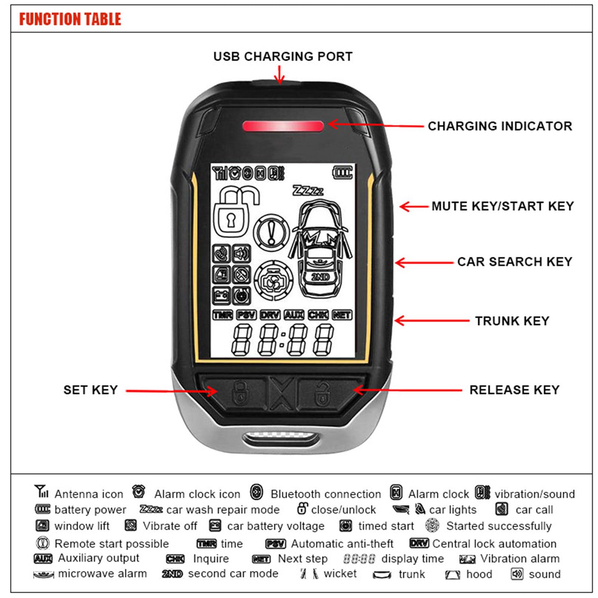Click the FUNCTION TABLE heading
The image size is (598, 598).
[x=70, y=19]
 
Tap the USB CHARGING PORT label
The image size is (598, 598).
[x=283, y=56]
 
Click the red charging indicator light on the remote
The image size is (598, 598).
[x=283, y=126]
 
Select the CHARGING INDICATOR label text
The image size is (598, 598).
[x=500, y=126]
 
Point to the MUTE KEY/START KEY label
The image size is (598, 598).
[x=502, y=206]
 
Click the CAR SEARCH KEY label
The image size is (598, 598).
[x=515, y=262]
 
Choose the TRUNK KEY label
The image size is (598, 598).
[x=512, y=321]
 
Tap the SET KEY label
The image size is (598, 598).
[x=90, y=390]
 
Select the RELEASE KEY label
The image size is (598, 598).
[x=514, y=390]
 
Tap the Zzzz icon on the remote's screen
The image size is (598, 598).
[x=308, y=191]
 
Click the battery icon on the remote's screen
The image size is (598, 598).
[x=342, y=173]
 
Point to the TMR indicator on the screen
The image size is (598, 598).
[x=223, y=315]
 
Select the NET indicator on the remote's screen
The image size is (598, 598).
[x=342, y=315]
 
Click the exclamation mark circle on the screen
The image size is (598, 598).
[x=272, y=232]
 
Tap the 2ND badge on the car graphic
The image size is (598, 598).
[x=320, y=277]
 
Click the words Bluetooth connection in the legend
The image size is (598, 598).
[x=326, y=494]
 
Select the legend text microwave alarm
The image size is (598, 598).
[x=102, y=574]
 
